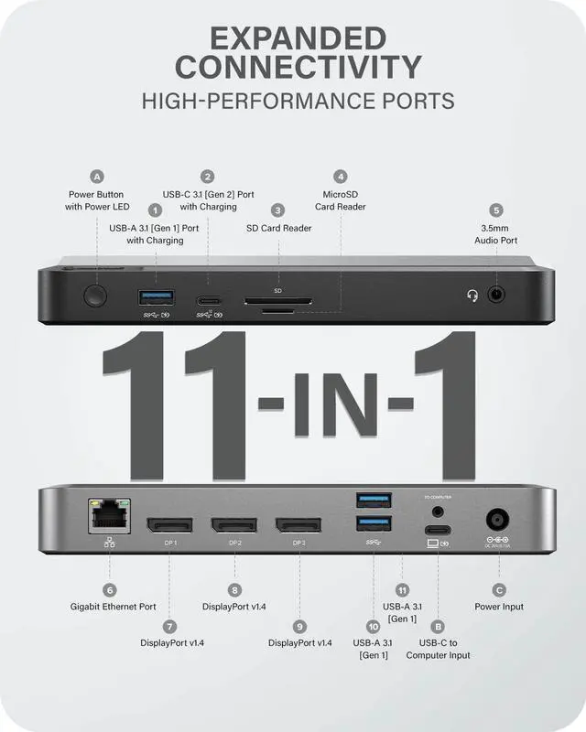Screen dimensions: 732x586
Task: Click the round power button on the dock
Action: (x=94, y=296)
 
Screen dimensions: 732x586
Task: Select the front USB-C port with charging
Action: (x=210, y=298)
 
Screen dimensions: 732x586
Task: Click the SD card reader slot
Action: (x=277, y=299)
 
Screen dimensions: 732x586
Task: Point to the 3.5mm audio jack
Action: (x=496, y=296)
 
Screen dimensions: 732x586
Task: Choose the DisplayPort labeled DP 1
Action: (x=170, y=525)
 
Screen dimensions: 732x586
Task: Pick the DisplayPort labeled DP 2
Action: (x=234, y=525)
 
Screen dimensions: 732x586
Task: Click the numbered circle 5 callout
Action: (x=496, y=210)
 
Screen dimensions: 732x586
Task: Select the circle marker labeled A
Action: (x=97, y=177)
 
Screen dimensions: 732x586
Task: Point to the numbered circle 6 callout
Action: (x=110, y=590)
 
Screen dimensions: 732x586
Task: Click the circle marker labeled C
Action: (x=499, y=590)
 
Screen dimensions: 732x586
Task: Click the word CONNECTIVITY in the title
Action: (x=298, y=67)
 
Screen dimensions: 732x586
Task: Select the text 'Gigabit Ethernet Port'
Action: (x=114, y=607)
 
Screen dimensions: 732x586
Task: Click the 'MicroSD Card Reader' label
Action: (x=341, y=200)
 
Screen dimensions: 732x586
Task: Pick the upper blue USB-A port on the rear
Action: (x=374, y=500)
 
